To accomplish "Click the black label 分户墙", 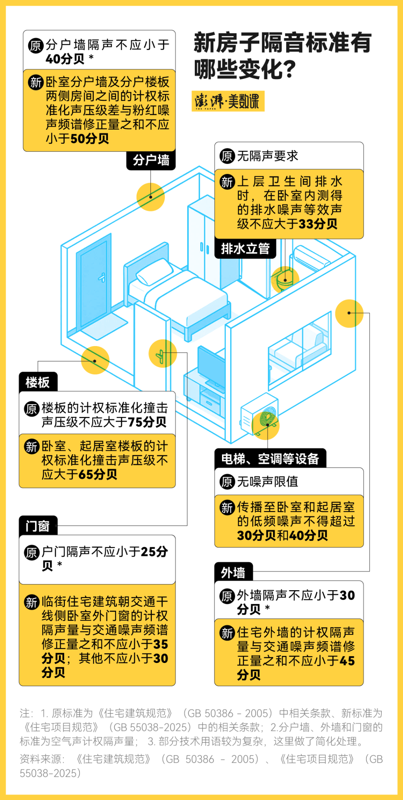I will [151, 160].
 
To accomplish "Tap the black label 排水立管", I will [245, 249].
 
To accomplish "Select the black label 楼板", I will [38, 382].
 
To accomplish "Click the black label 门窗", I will [38, 526].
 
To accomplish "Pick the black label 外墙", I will [233, 572].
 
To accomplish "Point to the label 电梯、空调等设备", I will [270, 459].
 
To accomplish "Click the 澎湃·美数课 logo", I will [227, 101].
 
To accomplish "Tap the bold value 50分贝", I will [90, 139].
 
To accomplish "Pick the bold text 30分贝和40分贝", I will [282, 535].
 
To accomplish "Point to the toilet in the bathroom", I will [284, 280].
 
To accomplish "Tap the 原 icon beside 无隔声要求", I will [227, 156].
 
